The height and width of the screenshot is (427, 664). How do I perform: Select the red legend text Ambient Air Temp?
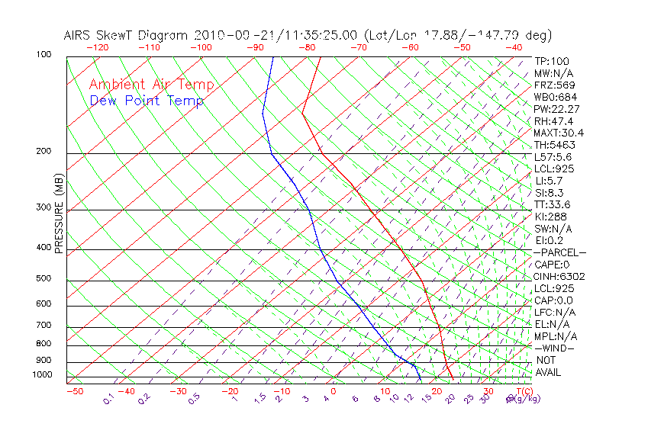[151, 85]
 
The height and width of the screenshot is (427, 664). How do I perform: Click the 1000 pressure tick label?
[44, 375]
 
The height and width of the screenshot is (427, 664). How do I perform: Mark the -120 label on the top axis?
[98, 47]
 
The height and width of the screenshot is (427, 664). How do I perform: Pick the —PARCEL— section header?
[560, 252]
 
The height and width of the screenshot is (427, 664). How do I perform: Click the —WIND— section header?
[555, 348]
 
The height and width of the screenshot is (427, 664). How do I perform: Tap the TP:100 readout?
[552, 61]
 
